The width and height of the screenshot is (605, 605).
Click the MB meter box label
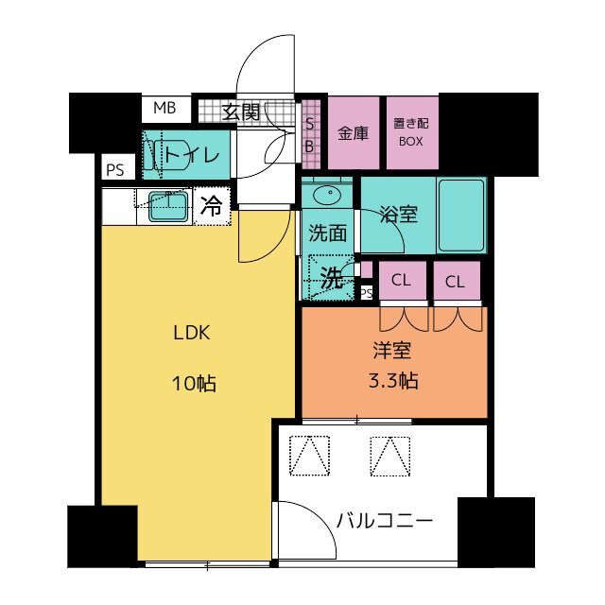pyautogui.click(x=164, y=108)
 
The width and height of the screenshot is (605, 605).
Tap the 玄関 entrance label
pyautogui.click(x=242, y=112)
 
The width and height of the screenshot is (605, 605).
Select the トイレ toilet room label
pyautogui.click(x=192, y=155)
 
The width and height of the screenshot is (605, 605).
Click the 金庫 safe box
pyautogui.click(x=354, y=132)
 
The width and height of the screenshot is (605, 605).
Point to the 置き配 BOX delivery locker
pyautogui.click(x=412, y=132)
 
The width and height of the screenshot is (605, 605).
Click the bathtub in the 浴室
pyautogui.click(x=461, y=215)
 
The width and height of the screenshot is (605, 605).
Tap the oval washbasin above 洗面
pyautogui.click(x=327, y=196)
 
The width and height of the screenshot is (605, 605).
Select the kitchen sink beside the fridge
pyautogui.click(x=168, y=207)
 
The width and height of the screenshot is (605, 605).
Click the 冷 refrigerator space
pyautogui.click(x=212, y=206)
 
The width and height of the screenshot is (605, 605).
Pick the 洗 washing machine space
pyautogui.click(x=332, y=277)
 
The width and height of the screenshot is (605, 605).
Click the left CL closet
pyautogui.click(x=403, y=280)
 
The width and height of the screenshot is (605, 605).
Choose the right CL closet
pyautogui.click(x=457, y=280)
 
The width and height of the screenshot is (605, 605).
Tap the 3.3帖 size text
pyautogui.click(x=393, y=380)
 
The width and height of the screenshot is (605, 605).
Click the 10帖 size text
pyautogui.click(x=194, y=384)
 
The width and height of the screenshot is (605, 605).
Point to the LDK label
pyautogui.click(x=192, y=333)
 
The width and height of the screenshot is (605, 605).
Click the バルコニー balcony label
pyautogui.click(x=385, y=521)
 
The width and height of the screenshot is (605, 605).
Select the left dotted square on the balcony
pyautogui.click(x=309, y=456)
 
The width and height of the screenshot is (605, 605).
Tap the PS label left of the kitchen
pyautogui.click(x=115, y=170)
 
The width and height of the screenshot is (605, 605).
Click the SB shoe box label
pyautogui.click(x=309, y=135)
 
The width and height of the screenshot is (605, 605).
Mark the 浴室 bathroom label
pyautogui.click(x=398, y=215)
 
